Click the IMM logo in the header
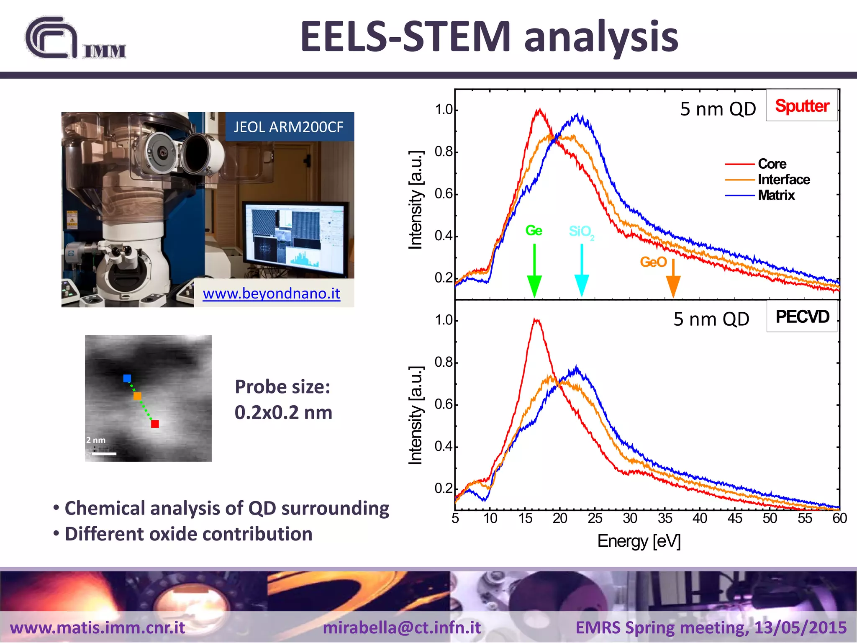[x=75, y=39]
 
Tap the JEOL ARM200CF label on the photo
[x=289, y=127]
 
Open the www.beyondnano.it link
[x=271, y=293]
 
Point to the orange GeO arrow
[x=673, y=278]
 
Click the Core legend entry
[x=772, y=164]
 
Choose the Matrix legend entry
[x=776, y=195]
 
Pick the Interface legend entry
[x=783, y=180]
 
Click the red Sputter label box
[x=801, y=106]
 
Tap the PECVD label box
[x=801, y=317]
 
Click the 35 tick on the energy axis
[x=665, y=518]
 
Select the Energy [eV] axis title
[x=639, y=541]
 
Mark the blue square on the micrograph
[x=127, y=378]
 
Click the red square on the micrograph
[x=155, y=424]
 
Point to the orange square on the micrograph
[x=137, y=396]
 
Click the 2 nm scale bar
[x=104, y=453]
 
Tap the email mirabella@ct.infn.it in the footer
[x=402, y=628]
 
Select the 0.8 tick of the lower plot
[x=444, y=362]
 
